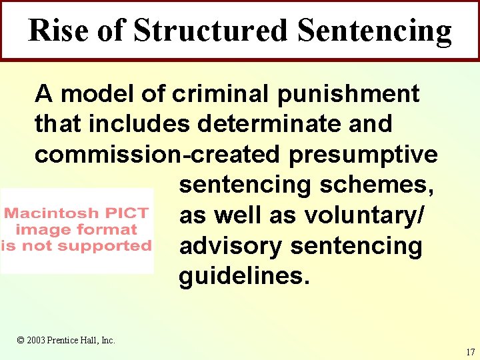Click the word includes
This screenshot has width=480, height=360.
click(x=141, y=124)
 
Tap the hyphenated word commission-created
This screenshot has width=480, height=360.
click(x=157, y=154)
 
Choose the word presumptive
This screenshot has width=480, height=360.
click(x=363, y=155)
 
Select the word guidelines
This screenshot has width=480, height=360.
click(x=244, y=277)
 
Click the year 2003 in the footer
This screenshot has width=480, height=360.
click(x=37, y=341)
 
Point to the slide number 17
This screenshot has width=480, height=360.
click(x=471, y=351)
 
